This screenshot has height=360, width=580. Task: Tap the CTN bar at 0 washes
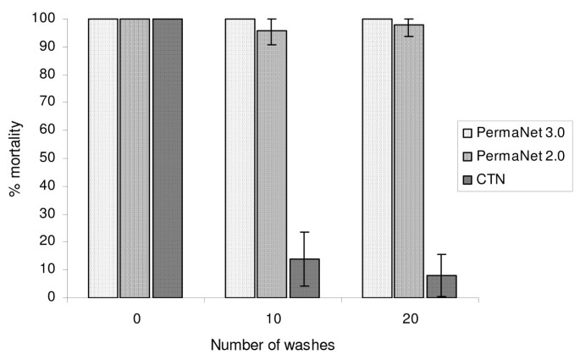[167, 158]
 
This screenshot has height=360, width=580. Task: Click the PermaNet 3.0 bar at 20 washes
[377, 158]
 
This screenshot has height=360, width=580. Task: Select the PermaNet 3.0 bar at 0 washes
[102, 158]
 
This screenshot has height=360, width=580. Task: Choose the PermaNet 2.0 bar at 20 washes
[409, 161]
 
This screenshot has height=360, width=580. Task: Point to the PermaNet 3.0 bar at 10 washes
[240, 158]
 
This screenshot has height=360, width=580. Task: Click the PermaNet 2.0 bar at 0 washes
[135, 158]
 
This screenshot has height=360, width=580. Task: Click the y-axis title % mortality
[17, 158]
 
